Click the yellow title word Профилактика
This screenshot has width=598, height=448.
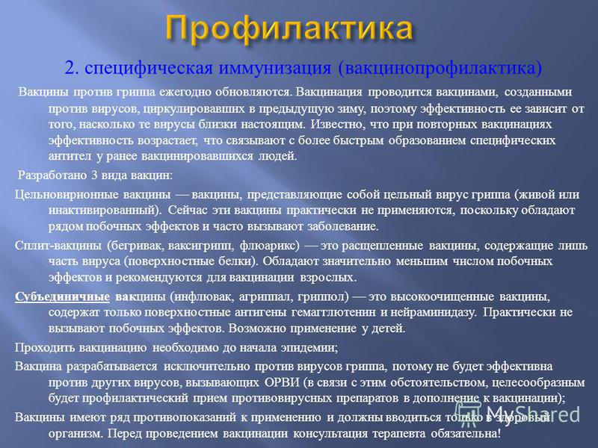click(x=290, y=29)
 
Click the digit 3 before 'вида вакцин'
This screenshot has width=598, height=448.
click(x=94, y=175)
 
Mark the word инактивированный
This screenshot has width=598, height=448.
click(x=102, y=211)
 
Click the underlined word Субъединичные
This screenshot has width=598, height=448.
click(x=63, y=296)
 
